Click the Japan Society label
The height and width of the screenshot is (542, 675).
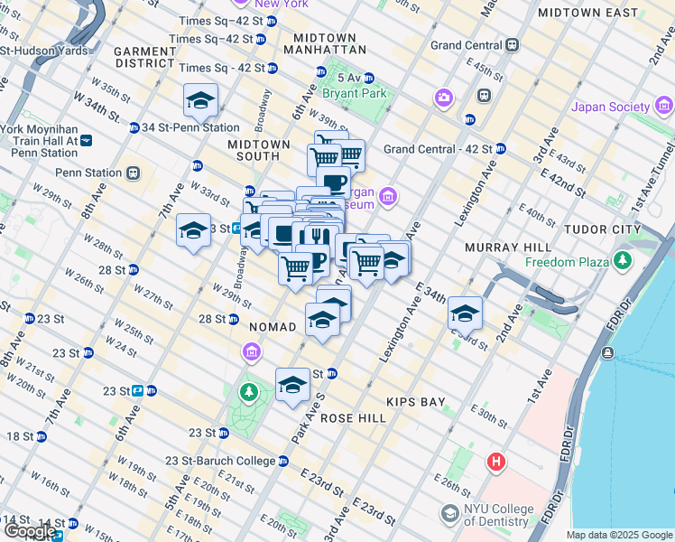(x=610, y=107)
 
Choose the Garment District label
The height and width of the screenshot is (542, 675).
(x=143, y=58)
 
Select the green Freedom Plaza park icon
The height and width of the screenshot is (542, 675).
(x=622, y=262)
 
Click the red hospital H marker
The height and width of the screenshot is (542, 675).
(x=495, y=463)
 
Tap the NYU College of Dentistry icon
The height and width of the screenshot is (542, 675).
(x=449, y=514)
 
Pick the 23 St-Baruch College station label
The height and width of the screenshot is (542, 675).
(x=220, y=461)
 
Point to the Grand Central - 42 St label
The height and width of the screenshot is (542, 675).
(x=438, y=148)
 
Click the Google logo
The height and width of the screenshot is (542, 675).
(x=30, y=531)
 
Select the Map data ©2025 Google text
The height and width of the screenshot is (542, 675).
(x=619, y=535)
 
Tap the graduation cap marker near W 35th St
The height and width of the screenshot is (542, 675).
(x=200, y=101)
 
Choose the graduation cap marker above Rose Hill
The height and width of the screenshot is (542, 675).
(x=292, y=386)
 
